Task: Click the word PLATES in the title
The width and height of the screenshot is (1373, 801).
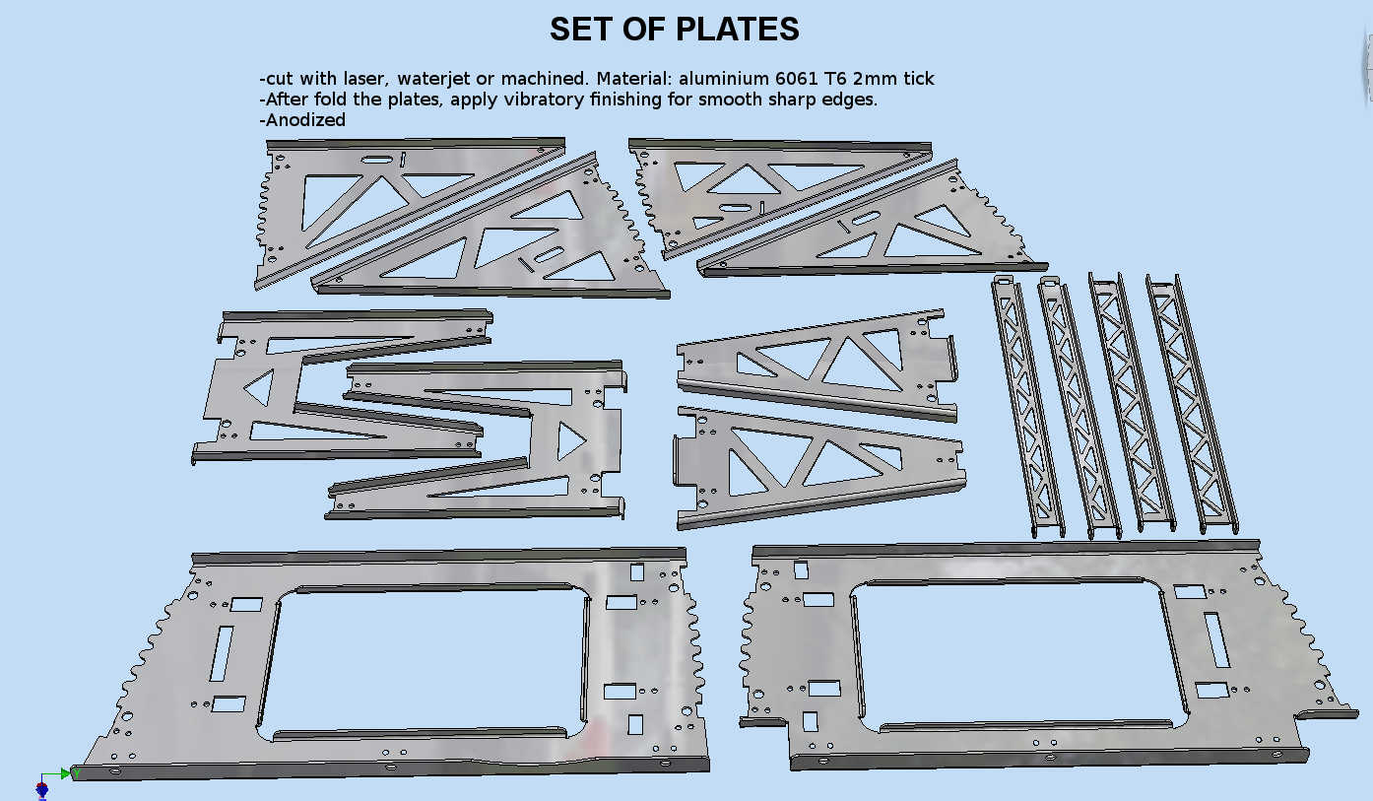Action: tap(738, 29)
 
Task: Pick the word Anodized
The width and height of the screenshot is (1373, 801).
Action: tap(305, 119)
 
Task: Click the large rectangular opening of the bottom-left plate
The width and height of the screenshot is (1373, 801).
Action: tap(423, 661)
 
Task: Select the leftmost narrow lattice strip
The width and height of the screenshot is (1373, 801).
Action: tap(1027, 406)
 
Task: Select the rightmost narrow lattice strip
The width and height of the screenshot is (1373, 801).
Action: tap(1192, 404)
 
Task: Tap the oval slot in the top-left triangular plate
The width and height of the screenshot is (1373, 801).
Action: tap(376, 160)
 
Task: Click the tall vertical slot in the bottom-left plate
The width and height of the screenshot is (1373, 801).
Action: tap(222, 654)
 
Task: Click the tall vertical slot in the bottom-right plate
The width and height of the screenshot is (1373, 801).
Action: tap(1216, 639)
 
